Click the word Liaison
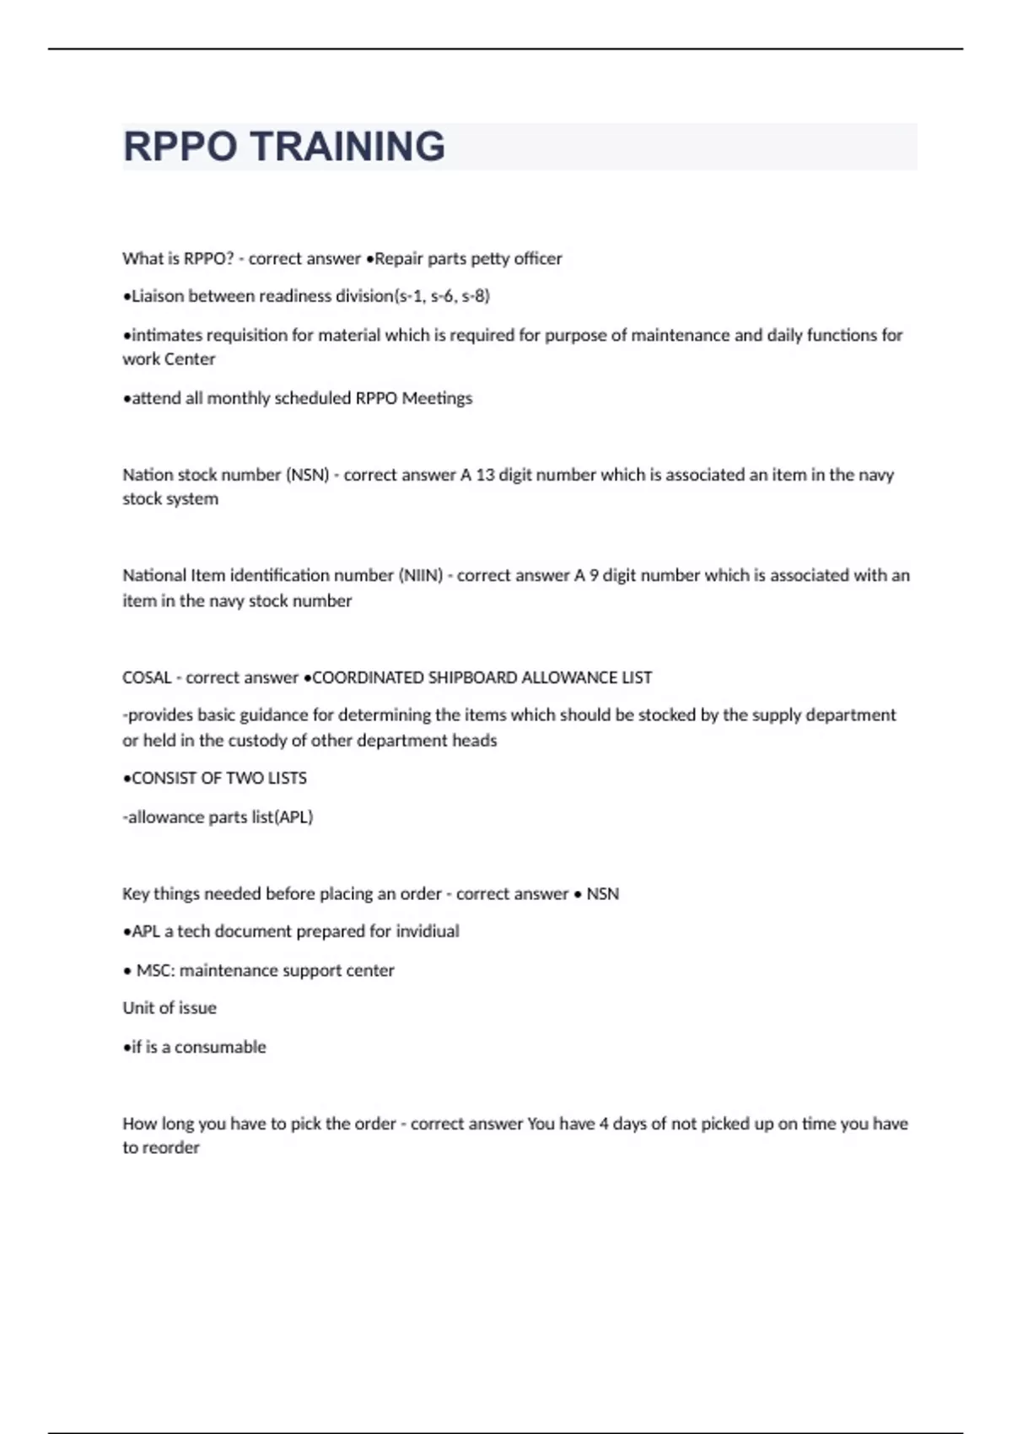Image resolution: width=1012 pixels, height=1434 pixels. point(158,296)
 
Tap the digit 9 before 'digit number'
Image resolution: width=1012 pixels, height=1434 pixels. point(594,575)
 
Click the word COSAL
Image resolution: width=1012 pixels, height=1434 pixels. point(147,677)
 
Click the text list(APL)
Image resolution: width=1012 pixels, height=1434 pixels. point(283,817)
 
